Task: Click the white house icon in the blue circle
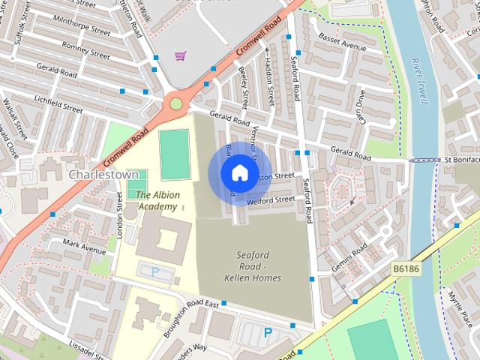pos(238,173)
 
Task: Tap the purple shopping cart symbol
pos(180,55)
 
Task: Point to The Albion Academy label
pos(157,200)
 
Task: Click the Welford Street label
pos(274,200)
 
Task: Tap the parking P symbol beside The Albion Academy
pos(155,271)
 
